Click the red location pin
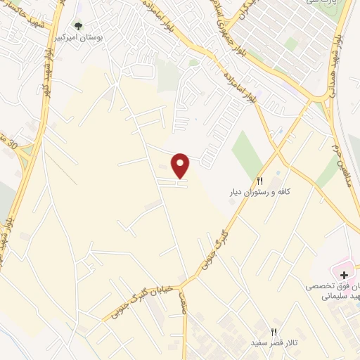click(x=181, y=165)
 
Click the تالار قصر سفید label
click(x=274, y=343)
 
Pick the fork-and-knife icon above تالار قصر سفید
click(x=274, y=332)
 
